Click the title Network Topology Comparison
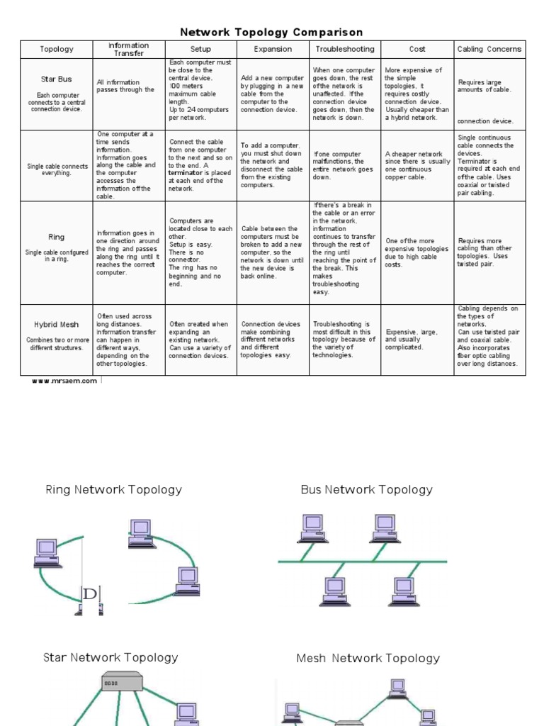click(271, 32)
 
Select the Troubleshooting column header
click(345, 49)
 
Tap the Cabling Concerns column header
click(489, 49)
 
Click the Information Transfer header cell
click(128, 49)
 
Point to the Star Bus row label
click(57, 79)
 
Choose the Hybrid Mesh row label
click(57, 325)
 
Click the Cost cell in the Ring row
click(416, 253)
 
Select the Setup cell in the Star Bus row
click(200, 91)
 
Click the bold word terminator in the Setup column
click(185, 173)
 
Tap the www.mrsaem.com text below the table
click(64, 381)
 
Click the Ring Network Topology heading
click(113, 489)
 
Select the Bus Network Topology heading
click(366, 489)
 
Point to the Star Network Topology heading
click(110, 658)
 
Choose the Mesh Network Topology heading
click(368, 659)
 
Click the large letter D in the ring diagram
click(89, 593)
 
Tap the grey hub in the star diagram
click(122, 681)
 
